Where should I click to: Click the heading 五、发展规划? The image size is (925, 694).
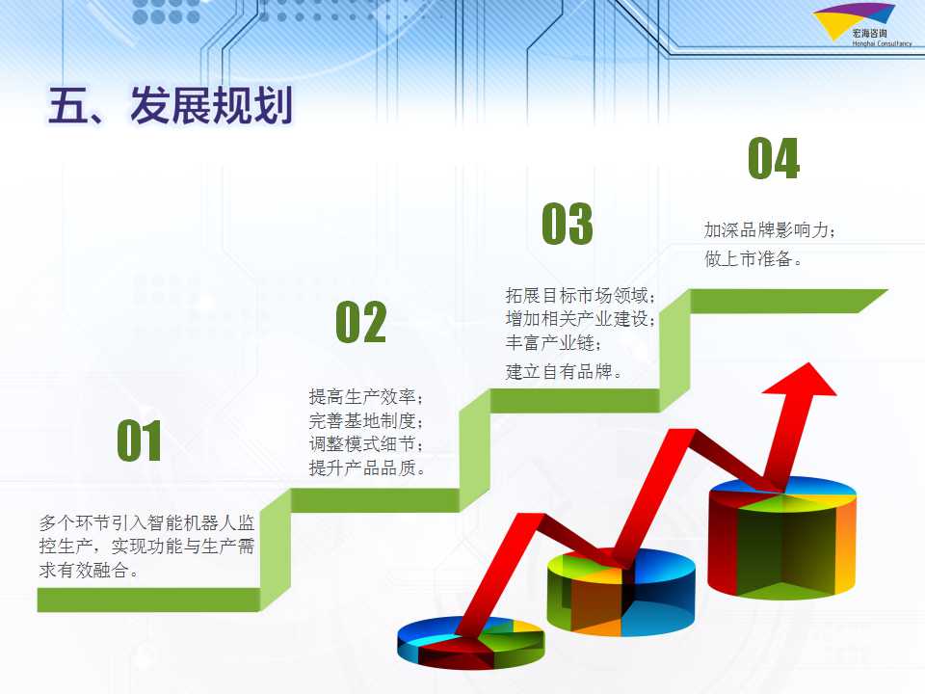pos(170,106)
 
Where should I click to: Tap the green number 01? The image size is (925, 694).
pos(139,440)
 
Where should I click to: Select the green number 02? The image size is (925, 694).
pos(361,322)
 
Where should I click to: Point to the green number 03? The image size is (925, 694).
pos(567,223)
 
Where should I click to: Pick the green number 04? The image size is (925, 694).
pos(774,157)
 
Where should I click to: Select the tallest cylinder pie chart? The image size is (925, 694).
pos(781,538)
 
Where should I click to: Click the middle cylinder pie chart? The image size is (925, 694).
pos(621,592)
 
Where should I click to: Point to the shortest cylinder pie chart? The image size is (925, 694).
pos(471,642)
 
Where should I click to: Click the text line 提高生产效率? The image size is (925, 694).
pos(366,396)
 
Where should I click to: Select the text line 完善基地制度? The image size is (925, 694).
pos(366,420)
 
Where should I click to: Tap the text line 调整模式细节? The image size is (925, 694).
pos(366,443)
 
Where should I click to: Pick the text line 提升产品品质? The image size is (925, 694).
pos(366,468)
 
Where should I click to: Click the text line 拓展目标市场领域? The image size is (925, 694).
pos(580,295)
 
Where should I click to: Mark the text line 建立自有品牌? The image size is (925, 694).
pos(564,372)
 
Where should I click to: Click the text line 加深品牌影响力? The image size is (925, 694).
pos(769,229)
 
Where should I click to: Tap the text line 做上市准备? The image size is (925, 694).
pos(753,258)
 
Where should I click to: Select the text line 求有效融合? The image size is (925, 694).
pos(89,570)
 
